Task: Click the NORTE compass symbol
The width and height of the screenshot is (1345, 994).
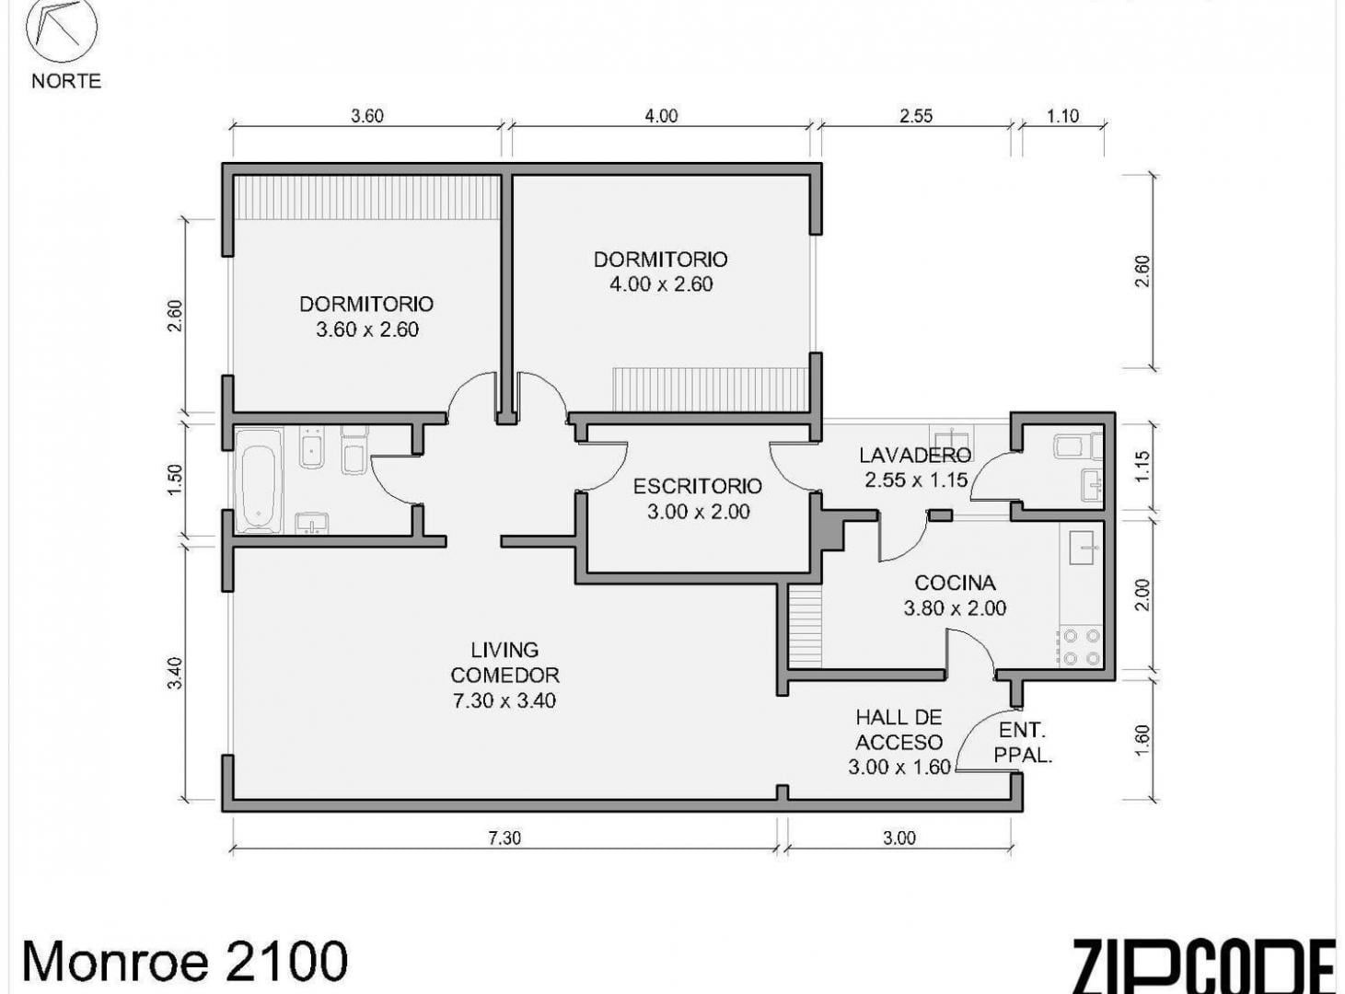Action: [62, 27]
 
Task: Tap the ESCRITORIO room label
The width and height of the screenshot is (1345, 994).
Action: [698, 486]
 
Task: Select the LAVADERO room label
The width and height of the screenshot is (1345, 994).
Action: [915, 455]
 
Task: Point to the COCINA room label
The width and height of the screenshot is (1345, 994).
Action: [955, 583]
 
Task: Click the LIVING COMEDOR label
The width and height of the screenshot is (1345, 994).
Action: [504, 663]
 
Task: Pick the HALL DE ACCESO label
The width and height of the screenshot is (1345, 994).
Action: [899, 730]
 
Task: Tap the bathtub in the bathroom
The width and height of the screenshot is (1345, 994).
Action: [259, 481]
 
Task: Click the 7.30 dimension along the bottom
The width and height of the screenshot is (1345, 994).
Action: [504, 838]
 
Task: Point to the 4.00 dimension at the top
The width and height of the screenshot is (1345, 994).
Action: [661, 116]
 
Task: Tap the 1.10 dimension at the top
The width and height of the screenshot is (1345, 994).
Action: [1063, 116]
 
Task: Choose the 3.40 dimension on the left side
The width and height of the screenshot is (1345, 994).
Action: [175, 674]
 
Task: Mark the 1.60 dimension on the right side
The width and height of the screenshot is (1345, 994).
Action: [1142, 741]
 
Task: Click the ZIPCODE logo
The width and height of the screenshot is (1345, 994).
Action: [1204, 971]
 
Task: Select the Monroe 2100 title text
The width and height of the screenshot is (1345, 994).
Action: [185, 961]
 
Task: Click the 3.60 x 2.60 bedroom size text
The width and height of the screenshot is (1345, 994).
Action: [367, 329]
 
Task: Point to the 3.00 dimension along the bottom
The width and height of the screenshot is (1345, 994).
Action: [899, 838]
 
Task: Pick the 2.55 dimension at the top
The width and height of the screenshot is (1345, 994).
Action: [916, 116]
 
